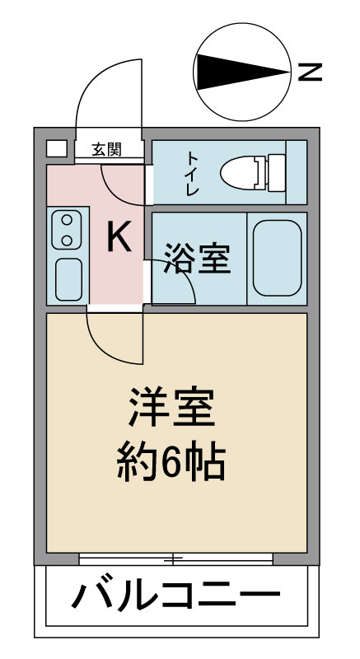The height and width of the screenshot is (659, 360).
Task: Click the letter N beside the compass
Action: point(310,72)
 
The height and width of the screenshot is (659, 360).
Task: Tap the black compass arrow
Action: point(243,72)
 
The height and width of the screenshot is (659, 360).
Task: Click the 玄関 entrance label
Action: point(107,149)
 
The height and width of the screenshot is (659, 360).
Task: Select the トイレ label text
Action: point(193,173)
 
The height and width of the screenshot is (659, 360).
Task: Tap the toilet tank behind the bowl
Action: point(276,173)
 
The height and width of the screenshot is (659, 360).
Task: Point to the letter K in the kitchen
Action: point(119,236)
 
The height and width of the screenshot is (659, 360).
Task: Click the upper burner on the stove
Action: point(67,219)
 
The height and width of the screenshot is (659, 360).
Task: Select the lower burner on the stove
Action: point(67,240)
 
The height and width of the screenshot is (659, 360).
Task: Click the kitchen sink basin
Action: point(68,279)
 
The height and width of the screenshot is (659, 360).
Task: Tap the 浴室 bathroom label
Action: point(197,258)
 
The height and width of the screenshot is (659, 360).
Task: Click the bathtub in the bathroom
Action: point(278,258)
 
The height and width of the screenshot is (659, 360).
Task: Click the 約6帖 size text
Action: point(171,461)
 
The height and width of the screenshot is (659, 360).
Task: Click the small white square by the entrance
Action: point(56,148)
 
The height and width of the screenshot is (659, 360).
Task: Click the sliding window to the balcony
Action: point(175,559)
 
